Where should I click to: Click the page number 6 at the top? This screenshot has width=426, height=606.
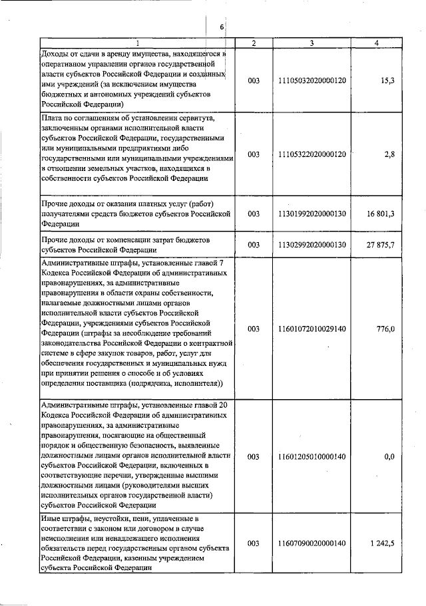click(222, 27)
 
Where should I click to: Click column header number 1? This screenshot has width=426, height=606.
click(138, 43)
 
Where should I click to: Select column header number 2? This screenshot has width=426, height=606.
click(254, 43)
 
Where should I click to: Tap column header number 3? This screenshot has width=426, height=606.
click(312, 43)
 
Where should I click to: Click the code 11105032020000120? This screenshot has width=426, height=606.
click(313, 80)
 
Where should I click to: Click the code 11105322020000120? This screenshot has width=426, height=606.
click(313, 154)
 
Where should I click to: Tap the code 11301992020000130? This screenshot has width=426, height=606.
click(313, 214)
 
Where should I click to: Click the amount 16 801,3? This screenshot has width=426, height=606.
click(381, 214)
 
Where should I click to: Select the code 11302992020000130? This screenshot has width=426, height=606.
click(313, 245)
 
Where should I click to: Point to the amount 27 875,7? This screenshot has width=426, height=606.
click(381, 245)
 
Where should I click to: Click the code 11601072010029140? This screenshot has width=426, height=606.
click(313, 329)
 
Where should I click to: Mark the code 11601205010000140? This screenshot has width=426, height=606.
click(313, 457)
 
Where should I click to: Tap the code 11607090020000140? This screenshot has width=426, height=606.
click(313, 543)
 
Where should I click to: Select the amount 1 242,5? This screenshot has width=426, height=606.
click(383, 543)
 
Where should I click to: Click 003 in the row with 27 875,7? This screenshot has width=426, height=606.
click(254, 245)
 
